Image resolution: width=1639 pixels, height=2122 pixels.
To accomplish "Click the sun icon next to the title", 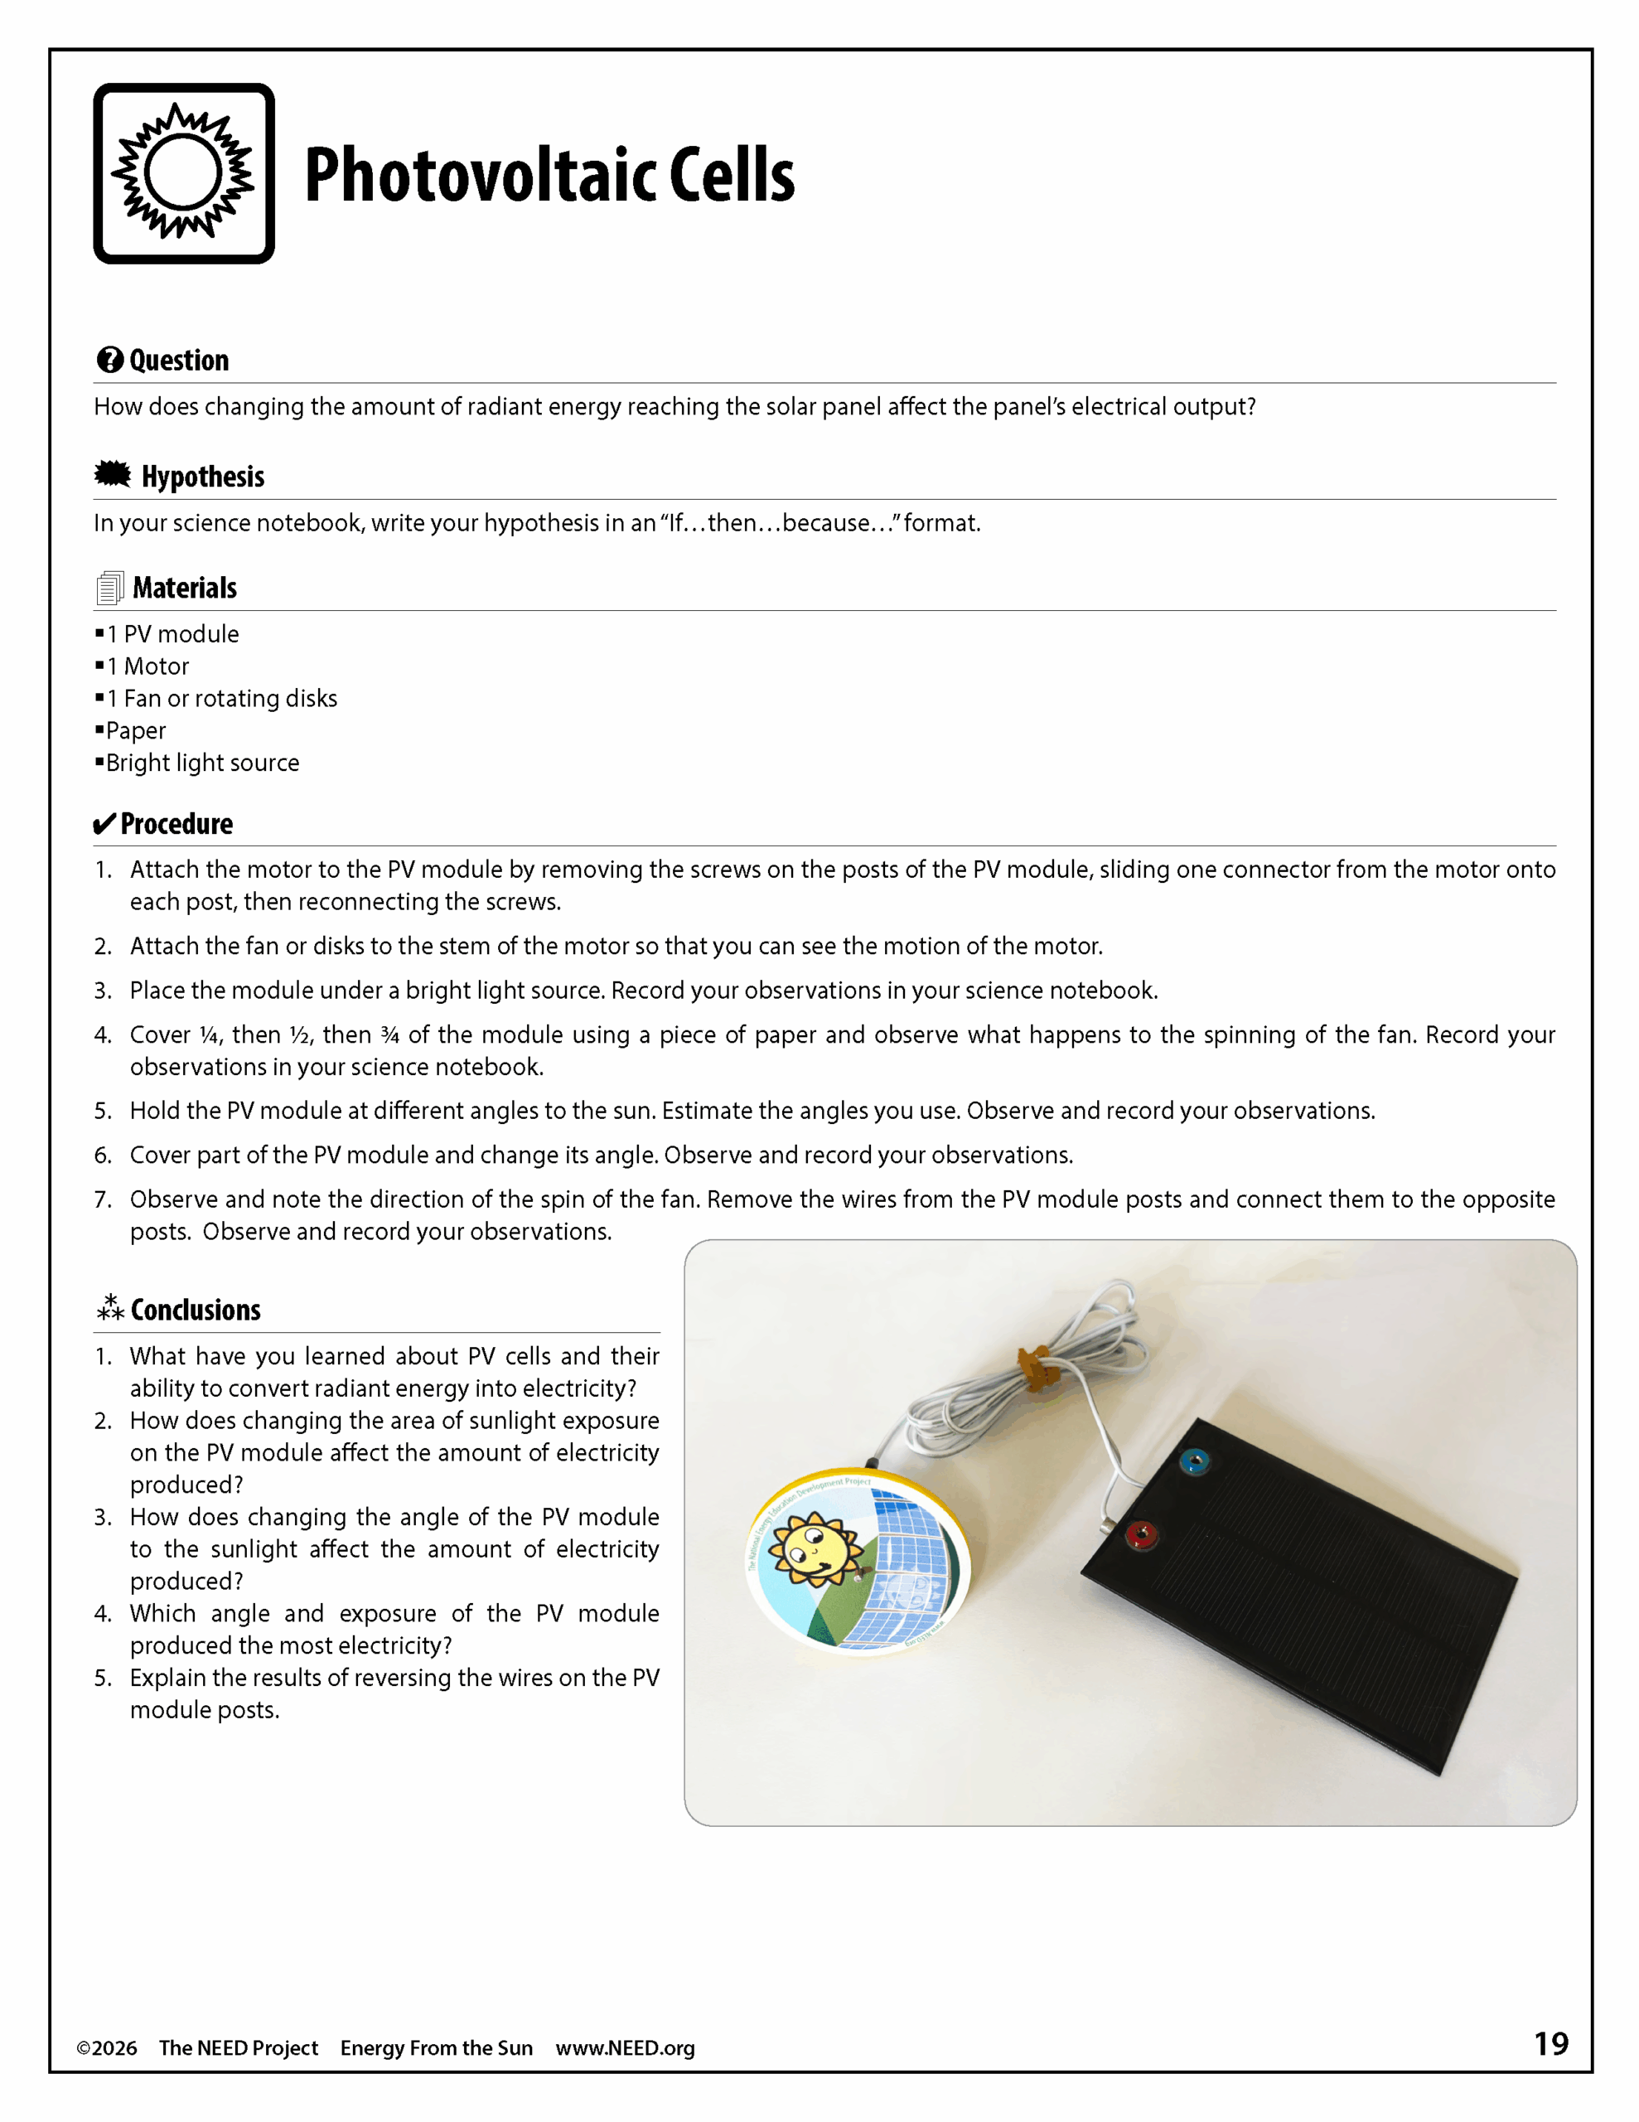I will click(184, 173).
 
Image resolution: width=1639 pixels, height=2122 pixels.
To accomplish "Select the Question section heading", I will click(179, 361).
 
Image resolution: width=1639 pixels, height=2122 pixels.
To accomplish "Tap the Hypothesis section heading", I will click(202, 477).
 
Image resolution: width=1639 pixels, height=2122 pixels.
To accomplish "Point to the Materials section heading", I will click(185, 588).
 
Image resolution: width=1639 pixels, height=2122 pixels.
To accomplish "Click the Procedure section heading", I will click(176, 824).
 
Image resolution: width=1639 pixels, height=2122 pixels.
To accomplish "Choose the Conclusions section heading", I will click(196, 1310).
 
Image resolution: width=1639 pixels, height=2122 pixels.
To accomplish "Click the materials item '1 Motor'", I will click(147, 666).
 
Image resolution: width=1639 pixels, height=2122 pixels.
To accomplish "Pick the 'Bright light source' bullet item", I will click(202, 763).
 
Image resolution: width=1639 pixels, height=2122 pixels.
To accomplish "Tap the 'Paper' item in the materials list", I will click(136, 730).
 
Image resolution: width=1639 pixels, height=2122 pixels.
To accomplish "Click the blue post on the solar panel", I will click(1194, 1461).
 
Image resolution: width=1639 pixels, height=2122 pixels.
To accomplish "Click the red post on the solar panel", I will click(1141, 1535).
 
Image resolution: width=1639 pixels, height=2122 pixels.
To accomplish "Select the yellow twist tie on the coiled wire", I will click(1037, 1366).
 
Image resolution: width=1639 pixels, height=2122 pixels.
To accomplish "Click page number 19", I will click(1550, 2043).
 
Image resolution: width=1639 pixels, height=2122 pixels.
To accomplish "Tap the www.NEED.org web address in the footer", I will click(625, 2048).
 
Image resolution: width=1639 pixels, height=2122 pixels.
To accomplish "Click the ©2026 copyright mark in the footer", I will click(107, 2048).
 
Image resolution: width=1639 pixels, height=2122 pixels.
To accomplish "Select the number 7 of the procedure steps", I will click(103, 1200).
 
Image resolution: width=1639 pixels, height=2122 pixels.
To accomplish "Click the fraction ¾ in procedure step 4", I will click(389, 1036).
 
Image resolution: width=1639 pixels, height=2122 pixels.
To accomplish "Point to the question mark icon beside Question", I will click(109, 361).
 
